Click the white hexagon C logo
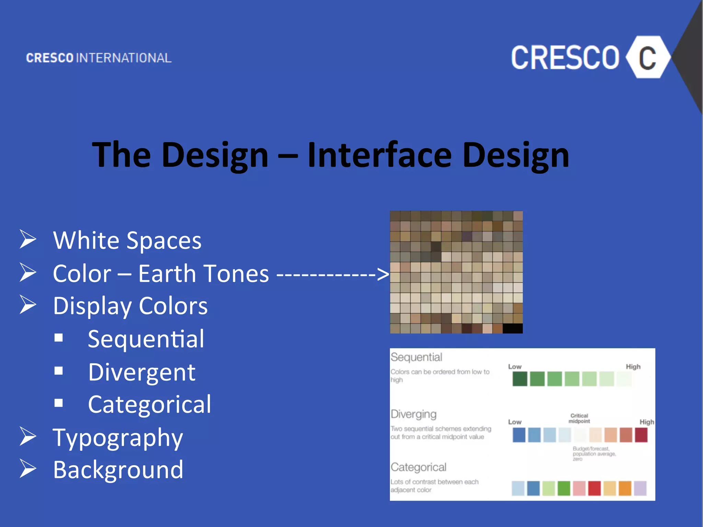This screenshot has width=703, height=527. coord(647,57)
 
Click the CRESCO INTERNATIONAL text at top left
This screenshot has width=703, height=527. coord(99,58)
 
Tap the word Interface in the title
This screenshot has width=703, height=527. coord(379,155)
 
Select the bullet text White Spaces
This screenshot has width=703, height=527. coord(127,240)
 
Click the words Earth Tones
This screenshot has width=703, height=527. coord(204,273)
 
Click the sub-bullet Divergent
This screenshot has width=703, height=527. coord(141,372)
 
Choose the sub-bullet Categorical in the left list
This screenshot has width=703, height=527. coord(149,404)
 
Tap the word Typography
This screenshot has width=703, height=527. coord(118,438)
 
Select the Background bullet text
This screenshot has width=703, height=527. coord(118,470)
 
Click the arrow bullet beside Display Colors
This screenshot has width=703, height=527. coord(28,305)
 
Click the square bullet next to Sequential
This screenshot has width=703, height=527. coord(59,338)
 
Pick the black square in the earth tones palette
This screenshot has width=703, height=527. coord(512,328)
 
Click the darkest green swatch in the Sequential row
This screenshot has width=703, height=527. coord(520,379)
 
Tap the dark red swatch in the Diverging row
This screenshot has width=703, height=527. coord(641,435)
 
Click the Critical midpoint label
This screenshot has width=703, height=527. coord(579,418)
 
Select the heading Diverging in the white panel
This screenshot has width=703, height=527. coord(414,414)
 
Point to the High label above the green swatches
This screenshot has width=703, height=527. coord(633,366)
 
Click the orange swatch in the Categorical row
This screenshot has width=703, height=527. coord(625,488)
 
